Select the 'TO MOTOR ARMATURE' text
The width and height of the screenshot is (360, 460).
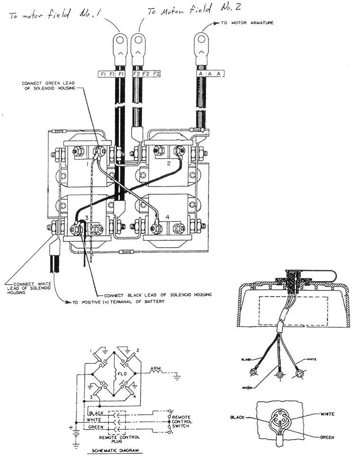pyautogui.click(x=247, y=23)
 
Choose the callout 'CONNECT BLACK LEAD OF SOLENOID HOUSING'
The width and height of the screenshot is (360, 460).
pyautogui.click(x=157, y=294)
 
